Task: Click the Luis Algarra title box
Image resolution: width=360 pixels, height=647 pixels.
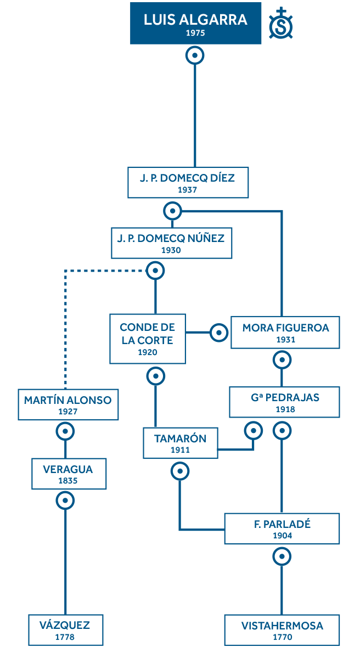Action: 195,23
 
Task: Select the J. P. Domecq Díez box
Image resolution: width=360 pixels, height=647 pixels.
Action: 188,182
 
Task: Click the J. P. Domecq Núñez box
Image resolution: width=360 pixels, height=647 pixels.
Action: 171,243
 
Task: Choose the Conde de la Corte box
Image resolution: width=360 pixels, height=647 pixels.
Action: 147,339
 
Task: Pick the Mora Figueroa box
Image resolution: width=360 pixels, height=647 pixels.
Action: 285,333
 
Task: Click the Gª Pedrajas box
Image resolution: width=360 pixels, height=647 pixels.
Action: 285,402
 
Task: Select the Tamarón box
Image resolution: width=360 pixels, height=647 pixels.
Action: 180,443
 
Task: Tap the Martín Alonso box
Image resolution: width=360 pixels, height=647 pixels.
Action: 67,404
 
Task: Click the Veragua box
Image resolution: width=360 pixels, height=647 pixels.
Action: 68,474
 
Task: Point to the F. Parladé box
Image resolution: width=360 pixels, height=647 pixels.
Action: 282,528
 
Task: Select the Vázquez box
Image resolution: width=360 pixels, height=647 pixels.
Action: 65,629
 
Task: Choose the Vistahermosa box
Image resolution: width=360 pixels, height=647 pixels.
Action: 282,629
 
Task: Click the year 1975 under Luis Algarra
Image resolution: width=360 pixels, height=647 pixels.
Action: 195,33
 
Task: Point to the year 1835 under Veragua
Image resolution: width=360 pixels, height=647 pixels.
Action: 68,481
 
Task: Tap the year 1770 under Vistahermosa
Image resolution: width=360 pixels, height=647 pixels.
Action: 282,637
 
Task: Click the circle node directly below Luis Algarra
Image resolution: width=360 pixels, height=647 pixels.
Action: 195,55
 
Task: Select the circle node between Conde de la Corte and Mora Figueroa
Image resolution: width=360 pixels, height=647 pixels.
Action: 218,333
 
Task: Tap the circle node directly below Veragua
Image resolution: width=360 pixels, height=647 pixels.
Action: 65,500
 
